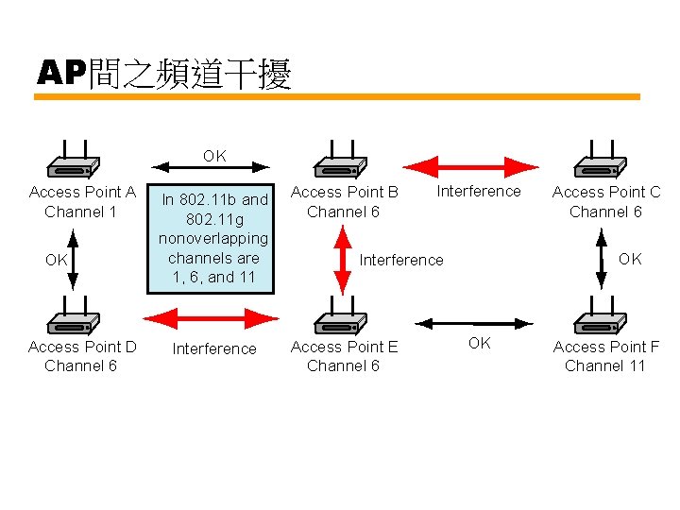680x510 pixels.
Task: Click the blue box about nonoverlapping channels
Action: tap(213, 238)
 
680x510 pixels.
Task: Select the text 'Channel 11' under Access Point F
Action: tap(604, 366)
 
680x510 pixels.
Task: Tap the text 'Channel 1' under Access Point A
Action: tap(81, 212)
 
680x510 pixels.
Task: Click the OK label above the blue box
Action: tap(214, 156)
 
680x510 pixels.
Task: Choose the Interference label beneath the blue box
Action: tap(214, 348)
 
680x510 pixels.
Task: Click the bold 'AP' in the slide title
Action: tap(61, 73)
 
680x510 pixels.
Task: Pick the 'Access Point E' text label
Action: tap(344, 347)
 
